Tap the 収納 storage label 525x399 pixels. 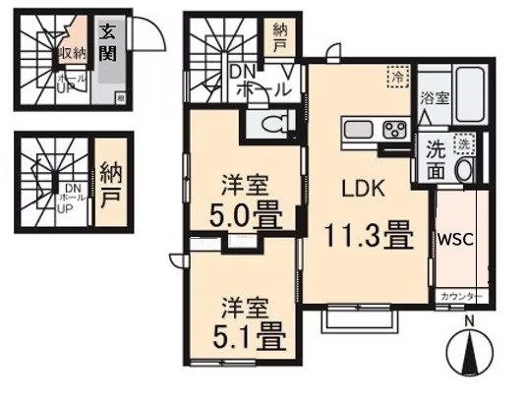click(70, 53)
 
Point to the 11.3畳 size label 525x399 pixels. click(368, 237)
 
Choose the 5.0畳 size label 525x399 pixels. click(243, 211)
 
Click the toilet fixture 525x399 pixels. click(274, 125)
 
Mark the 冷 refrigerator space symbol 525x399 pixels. click(396, 76)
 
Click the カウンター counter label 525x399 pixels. click(459, 295)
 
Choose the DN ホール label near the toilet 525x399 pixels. click(258, 80)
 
